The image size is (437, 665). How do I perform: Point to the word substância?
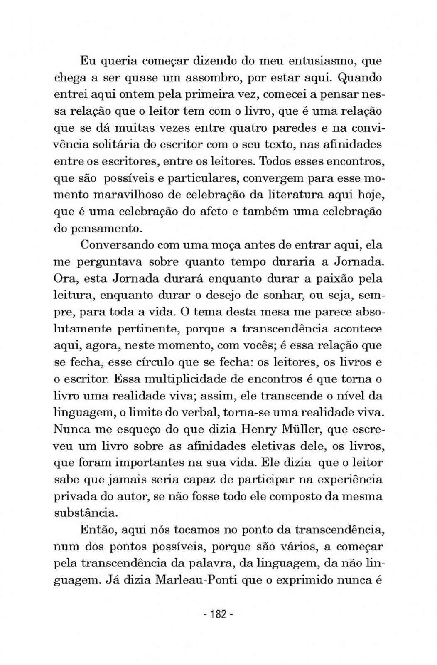[x=86, y=513]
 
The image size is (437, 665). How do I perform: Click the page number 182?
[x=218, y=614]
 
